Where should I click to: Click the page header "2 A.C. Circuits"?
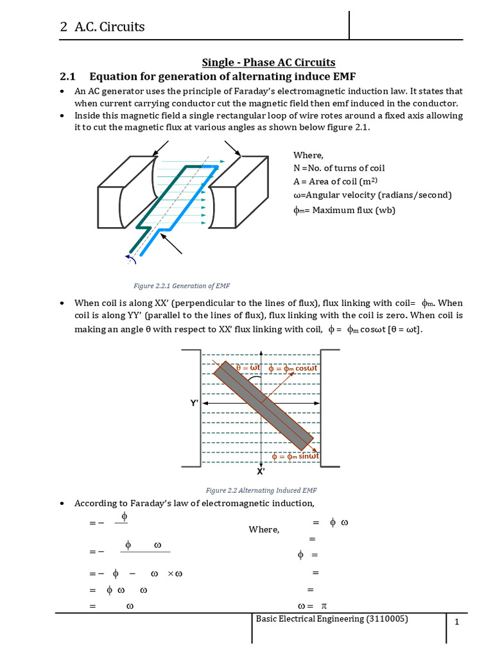pyautogui.click(x=102, y=26)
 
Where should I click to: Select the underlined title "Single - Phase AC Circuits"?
pyautogui.click(x=268, y=62)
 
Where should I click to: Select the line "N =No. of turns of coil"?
pyautogui.click(x=339, y=167)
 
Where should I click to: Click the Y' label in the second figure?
pyautogui.click(x=194, y=404)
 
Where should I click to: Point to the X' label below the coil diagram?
pyautogui.click(x=261, y=471)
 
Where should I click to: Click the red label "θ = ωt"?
pyautogui.click(x=248, y=368)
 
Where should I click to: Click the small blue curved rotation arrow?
pyautogui.click(x=130, y=258)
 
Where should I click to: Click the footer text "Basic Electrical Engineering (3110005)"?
pyautogui.click(x=331, y=619)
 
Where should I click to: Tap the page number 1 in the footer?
pyautogui.click(x=457, y=622)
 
